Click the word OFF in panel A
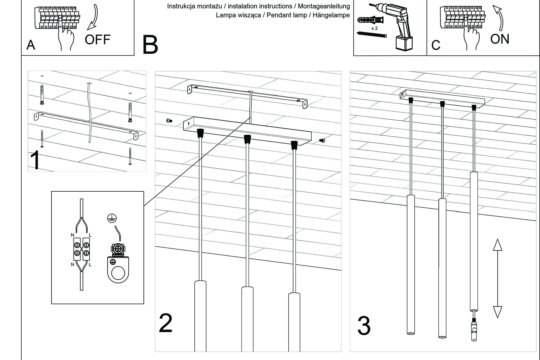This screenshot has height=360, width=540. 97,40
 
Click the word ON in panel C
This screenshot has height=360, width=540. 499,39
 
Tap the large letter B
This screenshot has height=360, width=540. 150,45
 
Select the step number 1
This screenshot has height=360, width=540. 35,161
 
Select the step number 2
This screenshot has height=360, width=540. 166,323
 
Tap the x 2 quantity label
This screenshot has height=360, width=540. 374,28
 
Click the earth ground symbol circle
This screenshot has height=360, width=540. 112,218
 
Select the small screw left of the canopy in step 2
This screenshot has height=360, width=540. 169,121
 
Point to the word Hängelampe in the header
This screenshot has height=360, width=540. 331,15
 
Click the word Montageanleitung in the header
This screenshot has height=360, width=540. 324,6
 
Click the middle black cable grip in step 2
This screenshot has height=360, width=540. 247,139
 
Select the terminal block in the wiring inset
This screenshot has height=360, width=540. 82,249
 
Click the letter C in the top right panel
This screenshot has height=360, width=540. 436,45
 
